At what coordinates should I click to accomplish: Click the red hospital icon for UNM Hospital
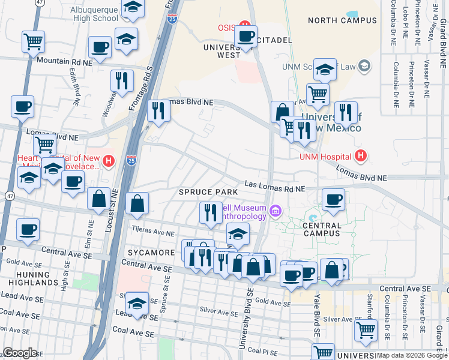coord(360,157)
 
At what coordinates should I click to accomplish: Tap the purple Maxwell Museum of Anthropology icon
coord(276,210)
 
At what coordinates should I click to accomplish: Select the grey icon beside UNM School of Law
coord(363,65)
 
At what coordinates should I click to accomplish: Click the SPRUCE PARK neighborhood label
coord(204,192)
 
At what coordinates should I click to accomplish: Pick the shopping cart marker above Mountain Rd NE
coord(34,41)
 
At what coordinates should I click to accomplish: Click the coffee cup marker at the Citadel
coord(246,35)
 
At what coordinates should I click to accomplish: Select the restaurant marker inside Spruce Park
coord(211,212)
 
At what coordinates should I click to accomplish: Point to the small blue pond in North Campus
coord(352,13)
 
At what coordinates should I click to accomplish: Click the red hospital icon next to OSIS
coord(244,25)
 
